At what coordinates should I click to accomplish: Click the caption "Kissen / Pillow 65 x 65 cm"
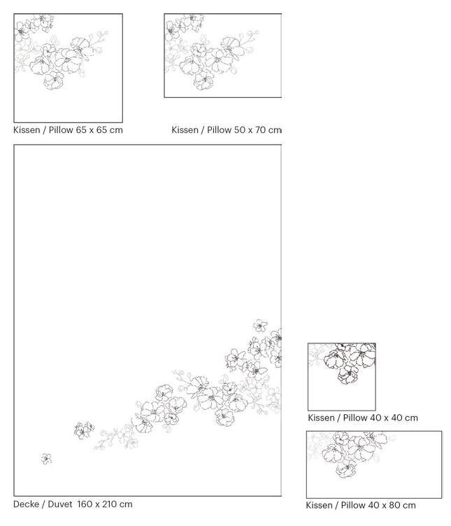coord(68,130)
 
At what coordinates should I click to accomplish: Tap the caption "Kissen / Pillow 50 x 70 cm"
coord(227,130)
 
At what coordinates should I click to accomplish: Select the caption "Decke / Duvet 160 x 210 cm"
coord(73,504)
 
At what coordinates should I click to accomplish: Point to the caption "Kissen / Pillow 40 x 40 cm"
coord(363,418)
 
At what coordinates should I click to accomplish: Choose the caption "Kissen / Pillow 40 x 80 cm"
coord(361,505)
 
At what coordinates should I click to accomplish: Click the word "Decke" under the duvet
coord(26,504)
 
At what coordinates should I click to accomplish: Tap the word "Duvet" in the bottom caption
coord(60,504)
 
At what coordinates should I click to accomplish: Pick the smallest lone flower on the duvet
coord(47,459)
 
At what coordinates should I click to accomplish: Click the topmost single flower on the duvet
coord(260,325)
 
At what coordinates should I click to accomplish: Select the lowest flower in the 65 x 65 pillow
coord(54,80)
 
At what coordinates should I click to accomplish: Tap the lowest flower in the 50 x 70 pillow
coord(204,80)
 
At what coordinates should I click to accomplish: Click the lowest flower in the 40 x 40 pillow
coord(348,374)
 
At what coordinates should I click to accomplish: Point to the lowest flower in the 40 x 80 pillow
coord(346,468)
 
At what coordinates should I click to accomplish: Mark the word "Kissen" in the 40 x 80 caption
coord(319,505)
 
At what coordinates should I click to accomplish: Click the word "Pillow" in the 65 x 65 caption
coord(61,130)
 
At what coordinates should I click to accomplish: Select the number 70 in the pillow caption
coord(260,130)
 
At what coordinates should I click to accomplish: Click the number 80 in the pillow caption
coord(395,505)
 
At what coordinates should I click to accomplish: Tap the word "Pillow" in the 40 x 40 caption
coord(355,418)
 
